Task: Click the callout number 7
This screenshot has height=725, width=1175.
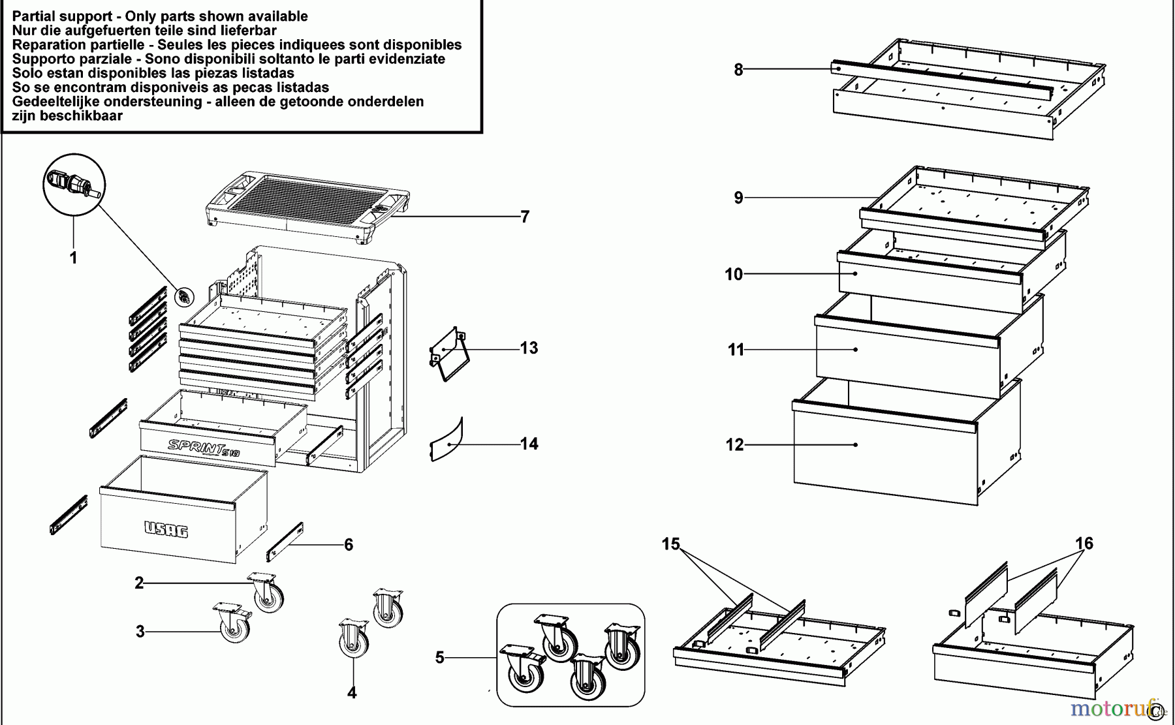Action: (525, 217)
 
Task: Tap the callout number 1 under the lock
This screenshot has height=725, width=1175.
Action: (73, 258)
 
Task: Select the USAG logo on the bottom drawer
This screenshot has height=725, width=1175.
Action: (166, 529)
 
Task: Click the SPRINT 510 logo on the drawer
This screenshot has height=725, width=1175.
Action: (204, 448)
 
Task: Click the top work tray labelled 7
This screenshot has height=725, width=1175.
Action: (307, 208)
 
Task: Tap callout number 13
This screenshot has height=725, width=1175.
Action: (529, 348)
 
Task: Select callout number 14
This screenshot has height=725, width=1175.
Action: (529, 444)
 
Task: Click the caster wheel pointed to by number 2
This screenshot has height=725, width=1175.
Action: (266, 591)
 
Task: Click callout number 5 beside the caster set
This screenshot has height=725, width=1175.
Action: (439, 658)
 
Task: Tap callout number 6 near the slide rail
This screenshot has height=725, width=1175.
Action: (349, 544)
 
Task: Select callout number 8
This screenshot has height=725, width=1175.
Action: (738, 70)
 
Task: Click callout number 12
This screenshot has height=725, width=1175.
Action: (735, 445)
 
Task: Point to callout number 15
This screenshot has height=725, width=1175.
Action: (670, 544)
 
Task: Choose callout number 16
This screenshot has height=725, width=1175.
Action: (1084, 544)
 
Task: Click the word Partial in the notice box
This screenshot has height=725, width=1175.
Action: (35, 16)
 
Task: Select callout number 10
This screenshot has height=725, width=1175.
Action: (734, 274)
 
